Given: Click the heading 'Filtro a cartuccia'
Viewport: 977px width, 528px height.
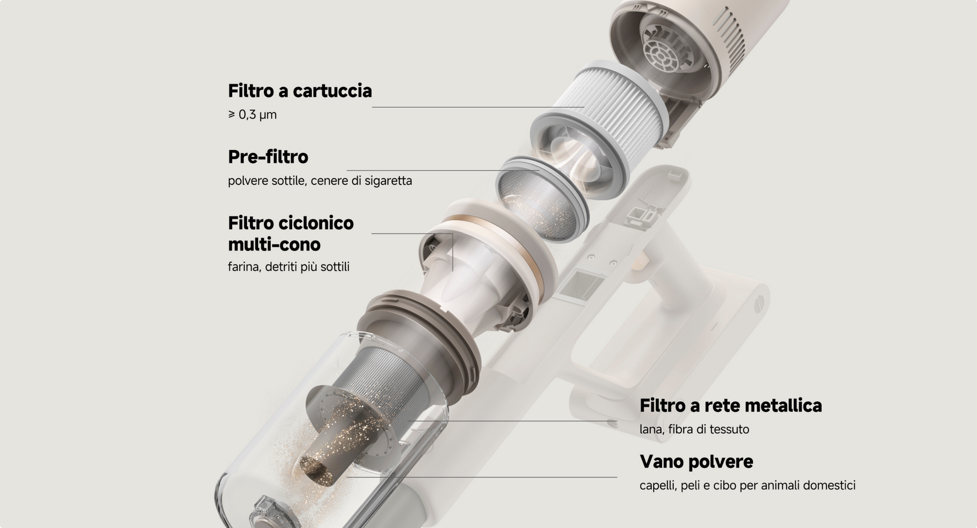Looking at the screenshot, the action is (299, 91).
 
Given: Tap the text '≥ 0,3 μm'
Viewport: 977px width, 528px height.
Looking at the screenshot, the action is (252, 115).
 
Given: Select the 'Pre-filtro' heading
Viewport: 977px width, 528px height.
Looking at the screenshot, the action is (268, 157).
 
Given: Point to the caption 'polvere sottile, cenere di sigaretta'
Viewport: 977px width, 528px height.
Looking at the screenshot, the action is (320, 181).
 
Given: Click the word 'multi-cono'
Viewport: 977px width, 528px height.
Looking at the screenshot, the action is (274, 244).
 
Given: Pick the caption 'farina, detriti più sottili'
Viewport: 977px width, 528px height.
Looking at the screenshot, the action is (289, 267).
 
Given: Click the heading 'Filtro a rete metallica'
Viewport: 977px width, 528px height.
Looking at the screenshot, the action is (731, 406).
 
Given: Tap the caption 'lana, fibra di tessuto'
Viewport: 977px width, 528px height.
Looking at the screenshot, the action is (694, 429).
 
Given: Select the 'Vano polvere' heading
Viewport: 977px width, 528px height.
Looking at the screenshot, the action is (696, 462).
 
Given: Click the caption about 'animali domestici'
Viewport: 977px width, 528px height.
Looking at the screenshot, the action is (747, 485).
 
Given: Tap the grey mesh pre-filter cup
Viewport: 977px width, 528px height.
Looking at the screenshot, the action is (537, 200).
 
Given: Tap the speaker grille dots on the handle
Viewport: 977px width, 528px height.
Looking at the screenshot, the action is (758, 304).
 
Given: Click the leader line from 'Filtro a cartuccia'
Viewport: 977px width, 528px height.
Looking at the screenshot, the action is (478, 107).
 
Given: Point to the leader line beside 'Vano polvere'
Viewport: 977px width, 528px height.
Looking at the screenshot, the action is (482, 477).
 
